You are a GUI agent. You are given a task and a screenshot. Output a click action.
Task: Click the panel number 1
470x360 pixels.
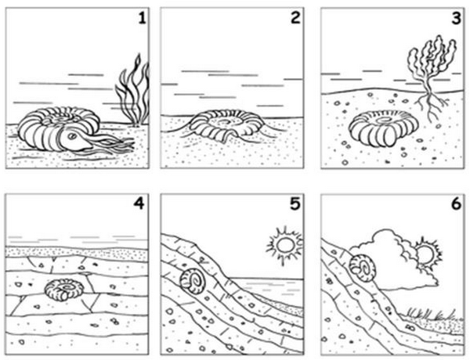tap(142, 19)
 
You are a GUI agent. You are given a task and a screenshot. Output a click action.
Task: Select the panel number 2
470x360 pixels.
tap(295, 18)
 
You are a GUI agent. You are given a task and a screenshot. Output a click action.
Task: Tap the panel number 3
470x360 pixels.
tap(456, 19)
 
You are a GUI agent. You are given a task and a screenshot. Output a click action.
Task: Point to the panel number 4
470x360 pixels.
tap(139, 204)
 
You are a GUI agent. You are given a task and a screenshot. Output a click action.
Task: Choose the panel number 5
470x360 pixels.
tap(295, 204)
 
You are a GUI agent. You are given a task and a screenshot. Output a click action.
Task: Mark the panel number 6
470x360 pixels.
tap(456, 204)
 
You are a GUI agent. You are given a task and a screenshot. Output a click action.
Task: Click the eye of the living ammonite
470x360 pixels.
tap(72, 136)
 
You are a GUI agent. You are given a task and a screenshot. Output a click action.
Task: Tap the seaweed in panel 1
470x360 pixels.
tap(133, 91)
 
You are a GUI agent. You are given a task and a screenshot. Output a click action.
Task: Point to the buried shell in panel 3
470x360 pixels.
tap(384, 129)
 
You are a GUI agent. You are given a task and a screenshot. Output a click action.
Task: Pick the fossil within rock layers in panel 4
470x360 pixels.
tap(64, 290)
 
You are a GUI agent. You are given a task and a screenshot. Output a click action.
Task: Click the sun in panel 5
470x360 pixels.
tap(285, 246)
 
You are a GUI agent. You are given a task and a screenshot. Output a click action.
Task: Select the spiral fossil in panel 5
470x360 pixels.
tap(193, 282)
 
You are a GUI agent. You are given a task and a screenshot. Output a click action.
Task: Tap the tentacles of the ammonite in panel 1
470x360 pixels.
tap(114, 144)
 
